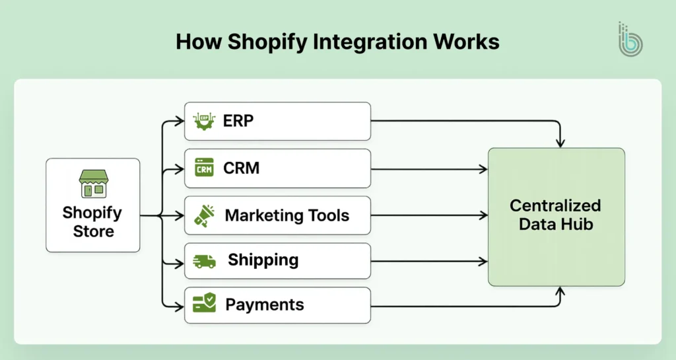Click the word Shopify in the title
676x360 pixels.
point(258,42)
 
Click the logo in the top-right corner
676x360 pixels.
point(630,39)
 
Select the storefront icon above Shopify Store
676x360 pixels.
point(92,184)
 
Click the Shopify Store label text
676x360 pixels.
point(92,222)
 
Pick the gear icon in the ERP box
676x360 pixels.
point(205,122)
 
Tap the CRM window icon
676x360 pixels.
point(205,168)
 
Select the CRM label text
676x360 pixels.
point(242,168)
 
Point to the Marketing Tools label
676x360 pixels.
point(287,215)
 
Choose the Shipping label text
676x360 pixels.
point(263,260)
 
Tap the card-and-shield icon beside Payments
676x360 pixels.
point(205,305)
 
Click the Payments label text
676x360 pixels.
point(265,305)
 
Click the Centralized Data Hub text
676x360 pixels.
point(555,215)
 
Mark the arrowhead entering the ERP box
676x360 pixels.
point(180,121)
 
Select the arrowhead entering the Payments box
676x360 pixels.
point(180,306)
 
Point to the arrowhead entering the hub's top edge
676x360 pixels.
point(560,143)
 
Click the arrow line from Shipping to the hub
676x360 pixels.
point(429,262)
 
